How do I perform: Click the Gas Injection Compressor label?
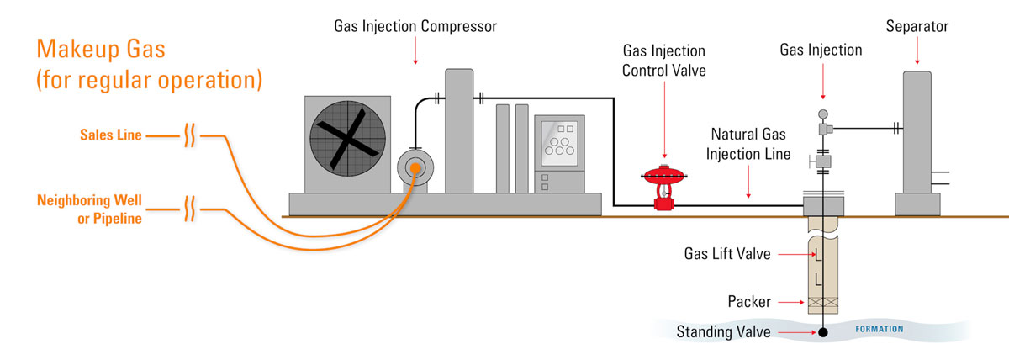415,27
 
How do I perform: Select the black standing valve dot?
823,332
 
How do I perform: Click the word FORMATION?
880,329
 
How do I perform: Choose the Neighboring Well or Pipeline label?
89,209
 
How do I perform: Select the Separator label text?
917,27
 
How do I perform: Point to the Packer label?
749,301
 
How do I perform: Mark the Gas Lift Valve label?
729,254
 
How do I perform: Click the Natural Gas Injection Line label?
748,144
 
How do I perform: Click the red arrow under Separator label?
917,52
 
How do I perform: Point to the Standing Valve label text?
723,332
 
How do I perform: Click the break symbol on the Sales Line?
190,135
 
